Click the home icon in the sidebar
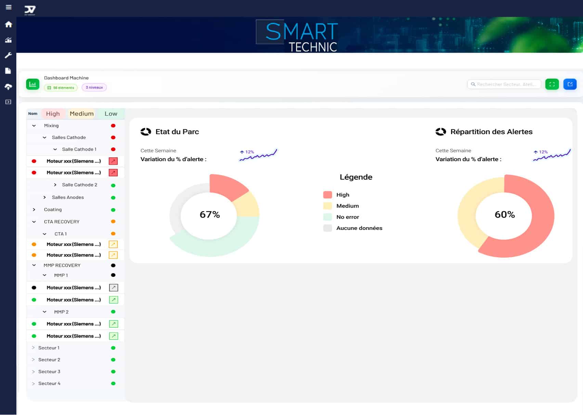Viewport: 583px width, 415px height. pyautogui.click(x=9, y=24)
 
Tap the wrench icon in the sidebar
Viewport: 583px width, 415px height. pyautogui.click(x=9, y=55)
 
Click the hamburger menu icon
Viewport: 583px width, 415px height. pyautogui.click(x=9, y=7)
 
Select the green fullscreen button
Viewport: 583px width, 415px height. pyautogui.click(x=552, y=84)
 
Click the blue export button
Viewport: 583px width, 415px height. pyautogui.click(x=570, y=84)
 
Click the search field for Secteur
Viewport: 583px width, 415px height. pyautogui.click(x=504, y=84)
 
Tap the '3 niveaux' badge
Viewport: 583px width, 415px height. pyautogui.click(x=94, y=88)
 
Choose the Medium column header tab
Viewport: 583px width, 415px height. pyautogui.click(x=81, y=114)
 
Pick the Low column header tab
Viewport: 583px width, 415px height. pyautogui.click(x=111, y=114)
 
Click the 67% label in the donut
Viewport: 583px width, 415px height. pyautogui.click(x=210, y=215)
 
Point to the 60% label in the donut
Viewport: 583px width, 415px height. pyautogui.click(x=505, y=215)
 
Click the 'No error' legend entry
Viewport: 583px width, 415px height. pyautogui.click(x=347, y=217)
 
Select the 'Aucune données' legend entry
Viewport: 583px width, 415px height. pyautogui.click(x=359, y=228)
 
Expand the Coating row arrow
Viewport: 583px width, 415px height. pyautogui.click(x=34, y=209)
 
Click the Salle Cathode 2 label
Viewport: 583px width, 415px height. pyautogui.click(x=79, y=185)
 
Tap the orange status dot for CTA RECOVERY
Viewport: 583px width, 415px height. pyautogui.click(x=113, y=222)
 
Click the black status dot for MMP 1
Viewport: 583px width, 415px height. pyautogui.click(x=113, y=275)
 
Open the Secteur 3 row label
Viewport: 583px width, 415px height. pyautogui.click(x=49, y=372)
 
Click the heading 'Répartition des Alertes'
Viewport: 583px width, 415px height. pyautogui.click(x=491, y=132)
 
